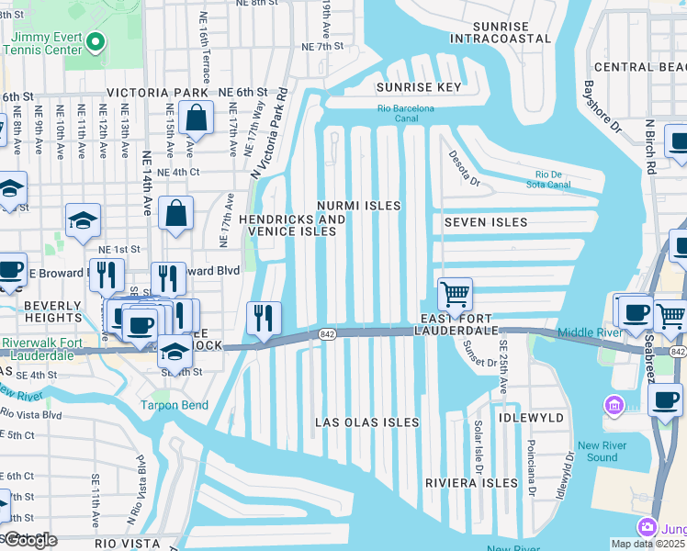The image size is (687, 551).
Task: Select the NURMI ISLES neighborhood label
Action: [x=358, y=206]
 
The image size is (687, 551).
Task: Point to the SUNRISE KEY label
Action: [x=418, y=87]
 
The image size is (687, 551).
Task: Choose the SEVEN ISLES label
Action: [x=486, y=222]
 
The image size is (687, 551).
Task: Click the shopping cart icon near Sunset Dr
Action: [x=455, y=295]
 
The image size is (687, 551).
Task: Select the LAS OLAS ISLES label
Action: [x=366, y=422]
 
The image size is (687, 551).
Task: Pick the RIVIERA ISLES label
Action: [x=471, y=483]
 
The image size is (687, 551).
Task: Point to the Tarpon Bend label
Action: [x=174, y=405]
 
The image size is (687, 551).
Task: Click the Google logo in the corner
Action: [x=29, y=540]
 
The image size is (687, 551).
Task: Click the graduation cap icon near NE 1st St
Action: [x=82, y=219]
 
